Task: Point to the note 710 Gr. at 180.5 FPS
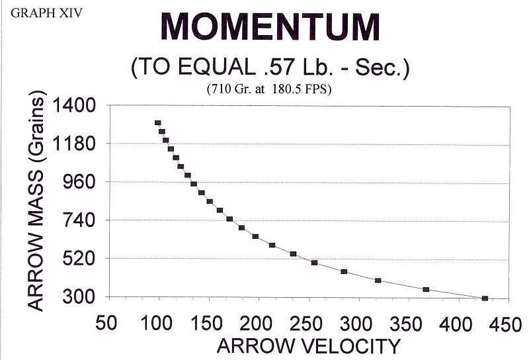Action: point(270,88)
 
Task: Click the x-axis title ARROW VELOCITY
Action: point(308,345)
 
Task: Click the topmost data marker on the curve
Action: point(158,123)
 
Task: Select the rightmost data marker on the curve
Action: point(485,298)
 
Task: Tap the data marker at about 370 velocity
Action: point(426,289)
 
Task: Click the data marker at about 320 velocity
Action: point(378,281)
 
